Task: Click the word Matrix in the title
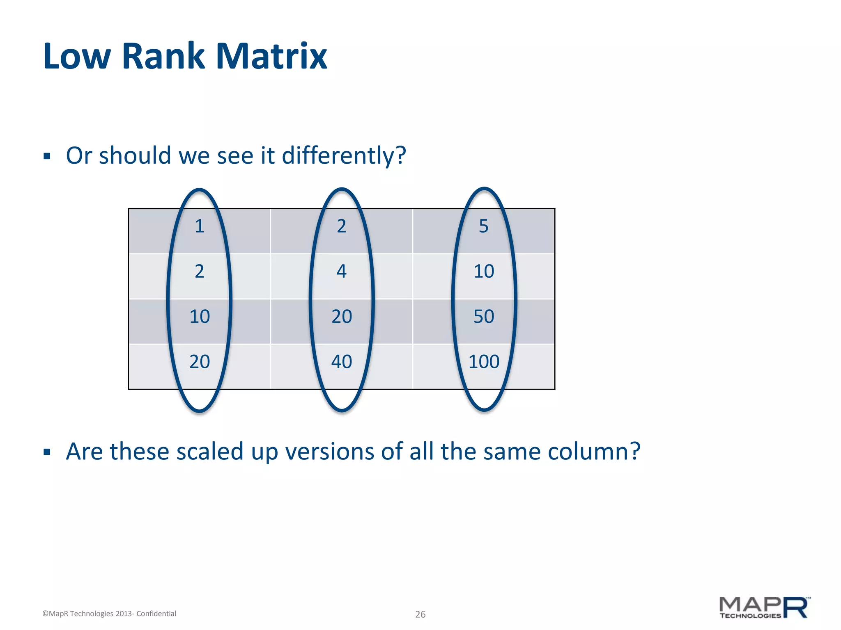tap(271, 56)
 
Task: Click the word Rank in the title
tap(163, 56)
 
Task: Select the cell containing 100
tap(484, 362)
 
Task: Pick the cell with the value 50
tap(484, 317)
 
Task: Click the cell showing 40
tap(341, 362)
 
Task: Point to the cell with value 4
tap(341, 272)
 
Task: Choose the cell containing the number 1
tap(199, 226)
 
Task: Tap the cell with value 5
tap(484, 226)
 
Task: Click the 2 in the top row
tap(341, 226)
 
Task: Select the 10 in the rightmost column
tap(484, 272)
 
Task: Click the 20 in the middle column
tap(341, 317)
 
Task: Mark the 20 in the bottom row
tap(199, 362)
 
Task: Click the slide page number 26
tap(420, 614)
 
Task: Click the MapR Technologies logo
tap(764, 607)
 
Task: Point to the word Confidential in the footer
tap(156, 614)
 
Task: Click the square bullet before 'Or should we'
tap(47, 156)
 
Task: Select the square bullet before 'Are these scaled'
tap(47, 452)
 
